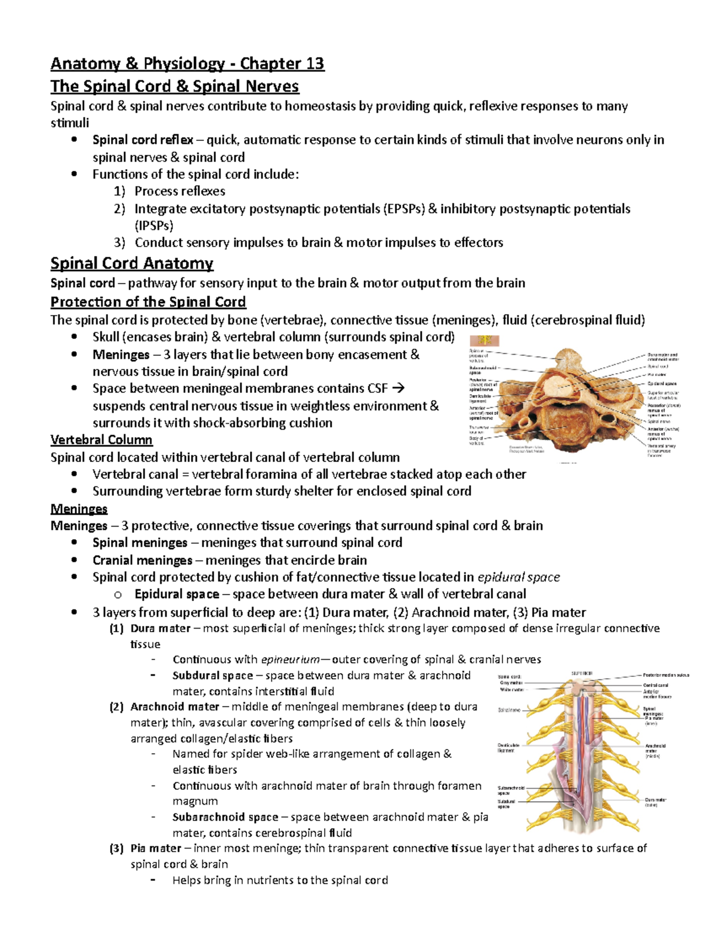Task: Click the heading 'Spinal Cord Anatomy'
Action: click(x=132, y=263)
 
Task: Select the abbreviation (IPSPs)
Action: click(x=154, y=226)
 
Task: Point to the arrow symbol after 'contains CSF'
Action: click(x=399, y=388)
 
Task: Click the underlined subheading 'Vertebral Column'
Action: click(x=101, y=440)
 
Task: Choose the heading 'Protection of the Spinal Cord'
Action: click(x=148, y=301)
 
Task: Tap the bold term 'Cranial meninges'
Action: click(x=142, y=560)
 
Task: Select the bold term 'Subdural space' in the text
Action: click(x=212, y=676)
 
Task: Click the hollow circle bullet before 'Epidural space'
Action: click(x=118, y=595)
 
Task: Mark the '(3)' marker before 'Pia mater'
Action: click(x=116, y=848)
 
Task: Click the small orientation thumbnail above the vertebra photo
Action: click(x=484, y=341)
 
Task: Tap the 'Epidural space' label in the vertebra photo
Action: click(x=662, y=383)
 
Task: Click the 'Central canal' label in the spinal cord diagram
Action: click(x=655, y=685)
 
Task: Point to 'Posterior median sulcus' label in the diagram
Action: click(x=665, y=675)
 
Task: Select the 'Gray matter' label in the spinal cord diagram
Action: click(x=511, y=683)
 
